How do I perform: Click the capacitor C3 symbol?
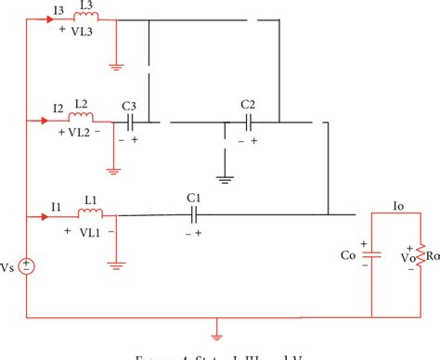(x=131, y=121)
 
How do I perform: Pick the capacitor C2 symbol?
(x=248, y=121)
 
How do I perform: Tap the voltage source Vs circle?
(x=28, y=266)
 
